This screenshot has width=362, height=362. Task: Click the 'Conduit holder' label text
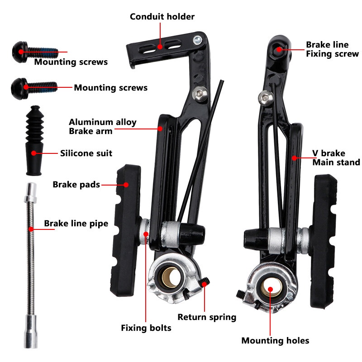pos(162,17)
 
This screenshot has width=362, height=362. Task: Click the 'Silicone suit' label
pos(86,153)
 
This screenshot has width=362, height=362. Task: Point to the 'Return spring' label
pos(207,317)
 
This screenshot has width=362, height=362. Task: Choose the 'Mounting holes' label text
pos(275,340)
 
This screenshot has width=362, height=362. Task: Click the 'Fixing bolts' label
pos(146,328)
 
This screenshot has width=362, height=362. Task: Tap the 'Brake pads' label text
pos(76,185)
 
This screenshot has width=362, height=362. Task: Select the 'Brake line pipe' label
pos(76,224)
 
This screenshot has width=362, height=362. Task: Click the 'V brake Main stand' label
pos(336,157)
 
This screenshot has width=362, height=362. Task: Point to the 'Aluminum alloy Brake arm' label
pos(102,127)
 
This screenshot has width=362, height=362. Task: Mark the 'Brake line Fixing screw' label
pos(332,49)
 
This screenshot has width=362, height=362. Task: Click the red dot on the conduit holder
pos(160,46)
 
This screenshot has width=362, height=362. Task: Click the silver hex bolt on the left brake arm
pos(198,94)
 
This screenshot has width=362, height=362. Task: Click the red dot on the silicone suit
pos(33,153)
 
